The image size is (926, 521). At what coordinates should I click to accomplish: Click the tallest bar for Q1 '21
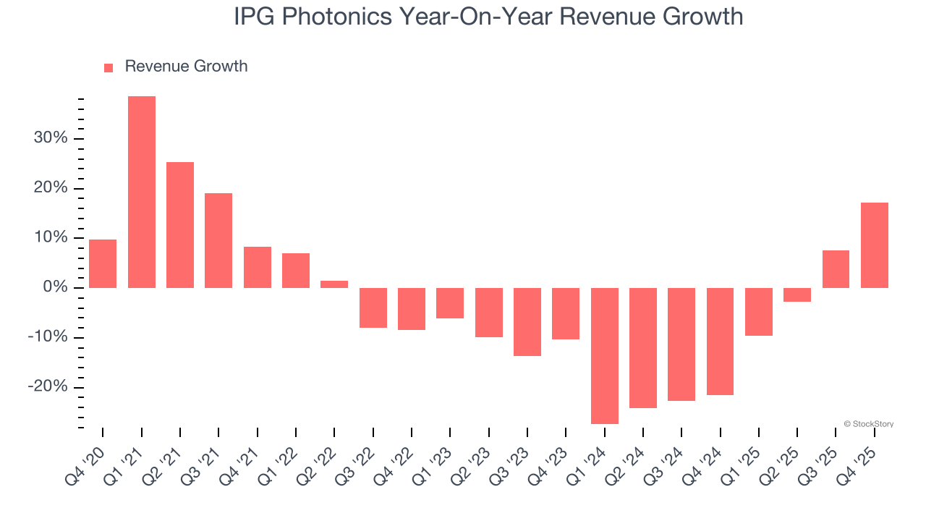click(142, 192)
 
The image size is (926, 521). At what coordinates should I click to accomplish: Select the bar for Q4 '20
click(103, 263)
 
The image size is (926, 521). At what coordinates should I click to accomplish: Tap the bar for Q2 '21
click(180, 225)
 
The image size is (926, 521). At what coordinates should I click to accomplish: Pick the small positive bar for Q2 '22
click(334, 284)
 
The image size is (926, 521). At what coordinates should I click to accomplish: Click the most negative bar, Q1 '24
click(605, 355)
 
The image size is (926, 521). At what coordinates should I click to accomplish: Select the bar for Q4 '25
click(875, 245)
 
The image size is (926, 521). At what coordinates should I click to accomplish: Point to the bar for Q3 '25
click(836, 269)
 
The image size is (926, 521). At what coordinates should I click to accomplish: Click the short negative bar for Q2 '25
click(797, 295)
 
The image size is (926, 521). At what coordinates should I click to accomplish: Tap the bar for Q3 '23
click(527, 322)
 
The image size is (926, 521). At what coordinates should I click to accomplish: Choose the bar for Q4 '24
click(720, 342)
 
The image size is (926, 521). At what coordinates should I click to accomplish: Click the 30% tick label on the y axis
click(50, 138)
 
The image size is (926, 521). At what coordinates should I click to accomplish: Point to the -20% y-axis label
click(48, 386)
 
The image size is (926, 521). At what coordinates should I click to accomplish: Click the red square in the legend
click(109, 67)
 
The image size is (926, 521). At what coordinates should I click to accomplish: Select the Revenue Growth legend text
click(186, 67)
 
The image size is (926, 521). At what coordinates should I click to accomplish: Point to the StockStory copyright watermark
click(868, 424)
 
